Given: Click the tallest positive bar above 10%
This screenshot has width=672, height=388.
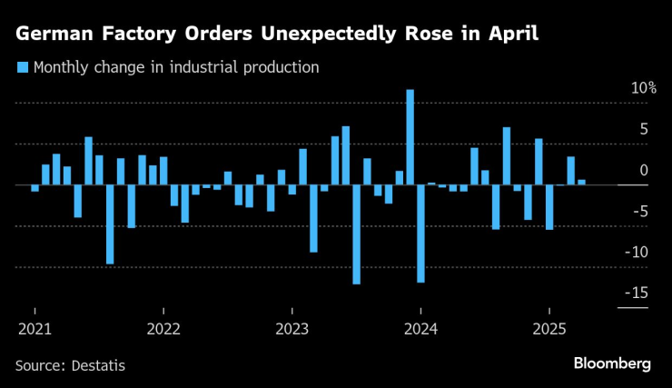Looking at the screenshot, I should (410, 136).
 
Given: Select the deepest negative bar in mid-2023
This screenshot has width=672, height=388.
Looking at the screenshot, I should (357, 234).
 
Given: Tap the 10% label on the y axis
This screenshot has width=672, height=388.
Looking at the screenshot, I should (644, 88).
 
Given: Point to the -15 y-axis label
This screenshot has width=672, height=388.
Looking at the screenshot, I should (638, 293).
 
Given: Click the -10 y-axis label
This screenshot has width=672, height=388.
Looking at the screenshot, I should (638, 252).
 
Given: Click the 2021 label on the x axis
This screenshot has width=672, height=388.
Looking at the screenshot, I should (35, 328).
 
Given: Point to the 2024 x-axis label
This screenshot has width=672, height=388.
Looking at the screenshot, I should (421, 328).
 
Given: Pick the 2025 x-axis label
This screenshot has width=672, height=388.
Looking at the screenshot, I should (549, 328).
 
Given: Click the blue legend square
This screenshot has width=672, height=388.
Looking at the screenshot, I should (22, 67).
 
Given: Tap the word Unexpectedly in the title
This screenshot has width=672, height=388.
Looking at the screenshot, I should (328, 36).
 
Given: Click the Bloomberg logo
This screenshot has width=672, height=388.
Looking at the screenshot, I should (612, 363).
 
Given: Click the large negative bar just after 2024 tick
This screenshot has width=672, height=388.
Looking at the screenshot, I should (421, 234).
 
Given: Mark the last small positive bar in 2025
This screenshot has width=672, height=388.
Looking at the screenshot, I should (582, 182).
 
